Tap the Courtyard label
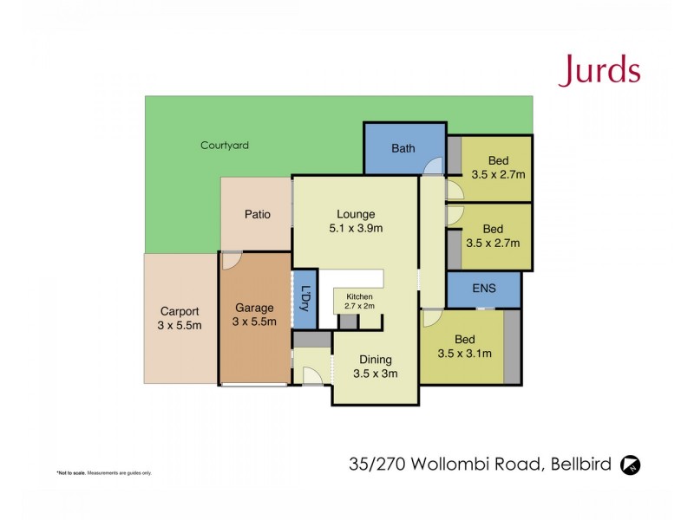225,146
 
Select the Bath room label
403,148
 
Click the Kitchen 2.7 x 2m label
357,301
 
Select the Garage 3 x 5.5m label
255,315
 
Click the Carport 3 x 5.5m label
180,318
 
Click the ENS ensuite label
484,289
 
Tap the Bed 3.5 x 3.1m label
464,346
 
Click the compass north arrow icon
631,465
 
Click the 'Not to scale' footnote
104,473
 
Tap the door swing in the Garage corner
232,261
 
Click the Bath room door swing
432,168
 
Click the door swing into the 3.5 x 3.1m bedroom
430,318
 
